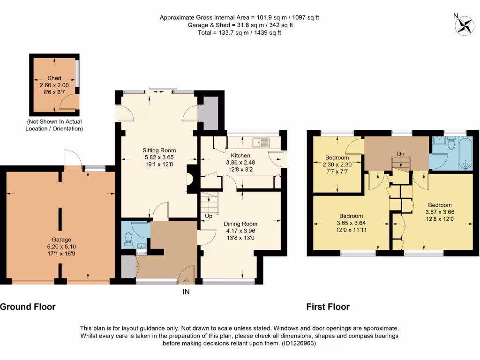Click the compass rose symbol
pyautogui.click(x=465, y=26)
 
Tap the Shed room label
pyautogui.click(x=54, y=78)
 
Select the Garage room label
pyautogui.click(x=61, y=240)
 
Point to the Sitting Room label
pyautogui.click(x=159, y=150)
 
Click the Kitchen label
pyautogui.click(x=240, y=155)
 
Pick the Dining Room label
pyautogui.click(x=240, y=224)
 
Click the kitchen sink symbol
pyautogui.click(x=261, y=142)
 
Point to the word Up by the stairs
pyautogui.click(x=209, y=216)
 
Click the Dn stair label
pyautogui.click(x=400, y=154)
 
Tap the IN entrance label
pyautogui.click(x=186, y=292)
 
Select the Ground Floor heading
pyautogui.click(x=28, y=307)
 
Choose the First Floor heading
pyautogui.click(x=328, y=307)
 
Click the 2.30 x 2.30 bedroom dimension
pyautogui.click(x=337, y=165)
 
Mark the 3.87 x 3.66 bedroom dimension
pyautogui.click(x=440, y=212)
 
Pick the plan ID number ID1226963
pyautogui.click(x=298, y=343)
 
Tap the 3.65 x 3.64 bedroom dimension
pyautogui.click(x=351, y=223)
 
